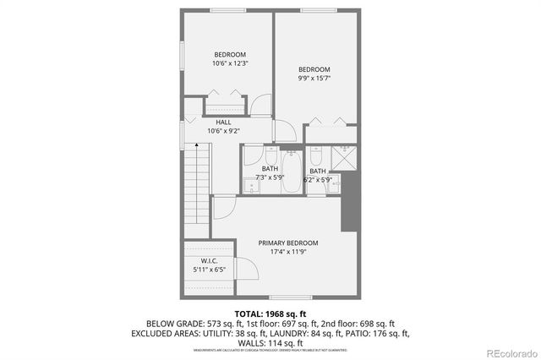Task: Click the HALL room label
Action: click(x=223, y=122)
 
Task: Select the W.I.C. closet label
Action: click(x=210, y=260)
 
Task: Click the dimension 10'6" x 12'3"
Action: click(x=229, y=63)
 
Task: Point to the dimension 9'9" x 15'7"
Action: click(x=314, y=79)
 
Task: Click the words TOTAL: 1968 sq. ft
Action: click(x=270, y=313)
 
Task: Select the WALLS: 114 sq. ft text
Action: click(x=270, y=343)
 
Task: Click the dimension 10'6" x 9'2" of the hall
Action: click(x=223, y=131)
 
